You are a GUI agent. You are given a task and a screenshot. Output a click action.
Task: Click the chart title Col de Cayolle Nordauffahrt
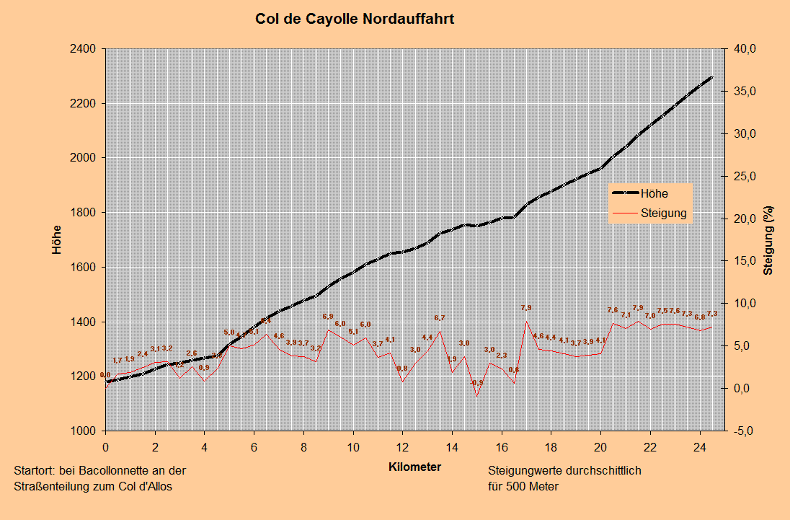click(355, 19)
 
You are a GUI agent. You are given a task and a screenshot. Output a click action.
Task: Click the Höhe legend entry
click(654, 193)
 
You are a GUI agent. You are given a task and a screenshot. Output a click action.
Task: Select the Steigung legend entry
click(663, 213)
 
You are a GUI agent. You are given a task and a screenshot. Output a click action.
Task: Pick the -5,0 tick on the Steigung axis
click(742, 431)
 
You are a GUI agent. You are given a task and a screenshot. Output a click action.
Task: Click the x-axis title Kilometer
click(414, 467)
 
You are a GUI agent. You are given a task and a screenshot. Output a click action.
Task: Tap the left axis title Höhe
click(57, 240)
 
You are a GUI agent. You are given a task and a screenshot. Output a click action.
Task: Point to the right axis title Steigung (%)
click(768, 240)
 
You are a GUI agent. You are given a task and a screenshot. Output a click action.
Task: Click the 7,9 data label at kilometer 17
click(526, 308)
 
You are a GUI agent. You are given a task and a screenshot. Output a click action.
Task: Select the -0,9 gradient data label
click(476, 383)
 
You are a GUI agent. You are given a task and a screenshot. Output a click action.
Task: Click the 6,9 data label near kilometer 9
click(328, 317)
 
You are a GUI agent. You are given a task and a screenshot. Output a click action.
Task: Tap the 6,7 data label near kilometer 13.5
click(440, 318)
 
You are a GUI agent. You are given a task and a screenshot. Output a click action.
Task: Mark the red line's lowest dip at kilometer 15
click(476, 395)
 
